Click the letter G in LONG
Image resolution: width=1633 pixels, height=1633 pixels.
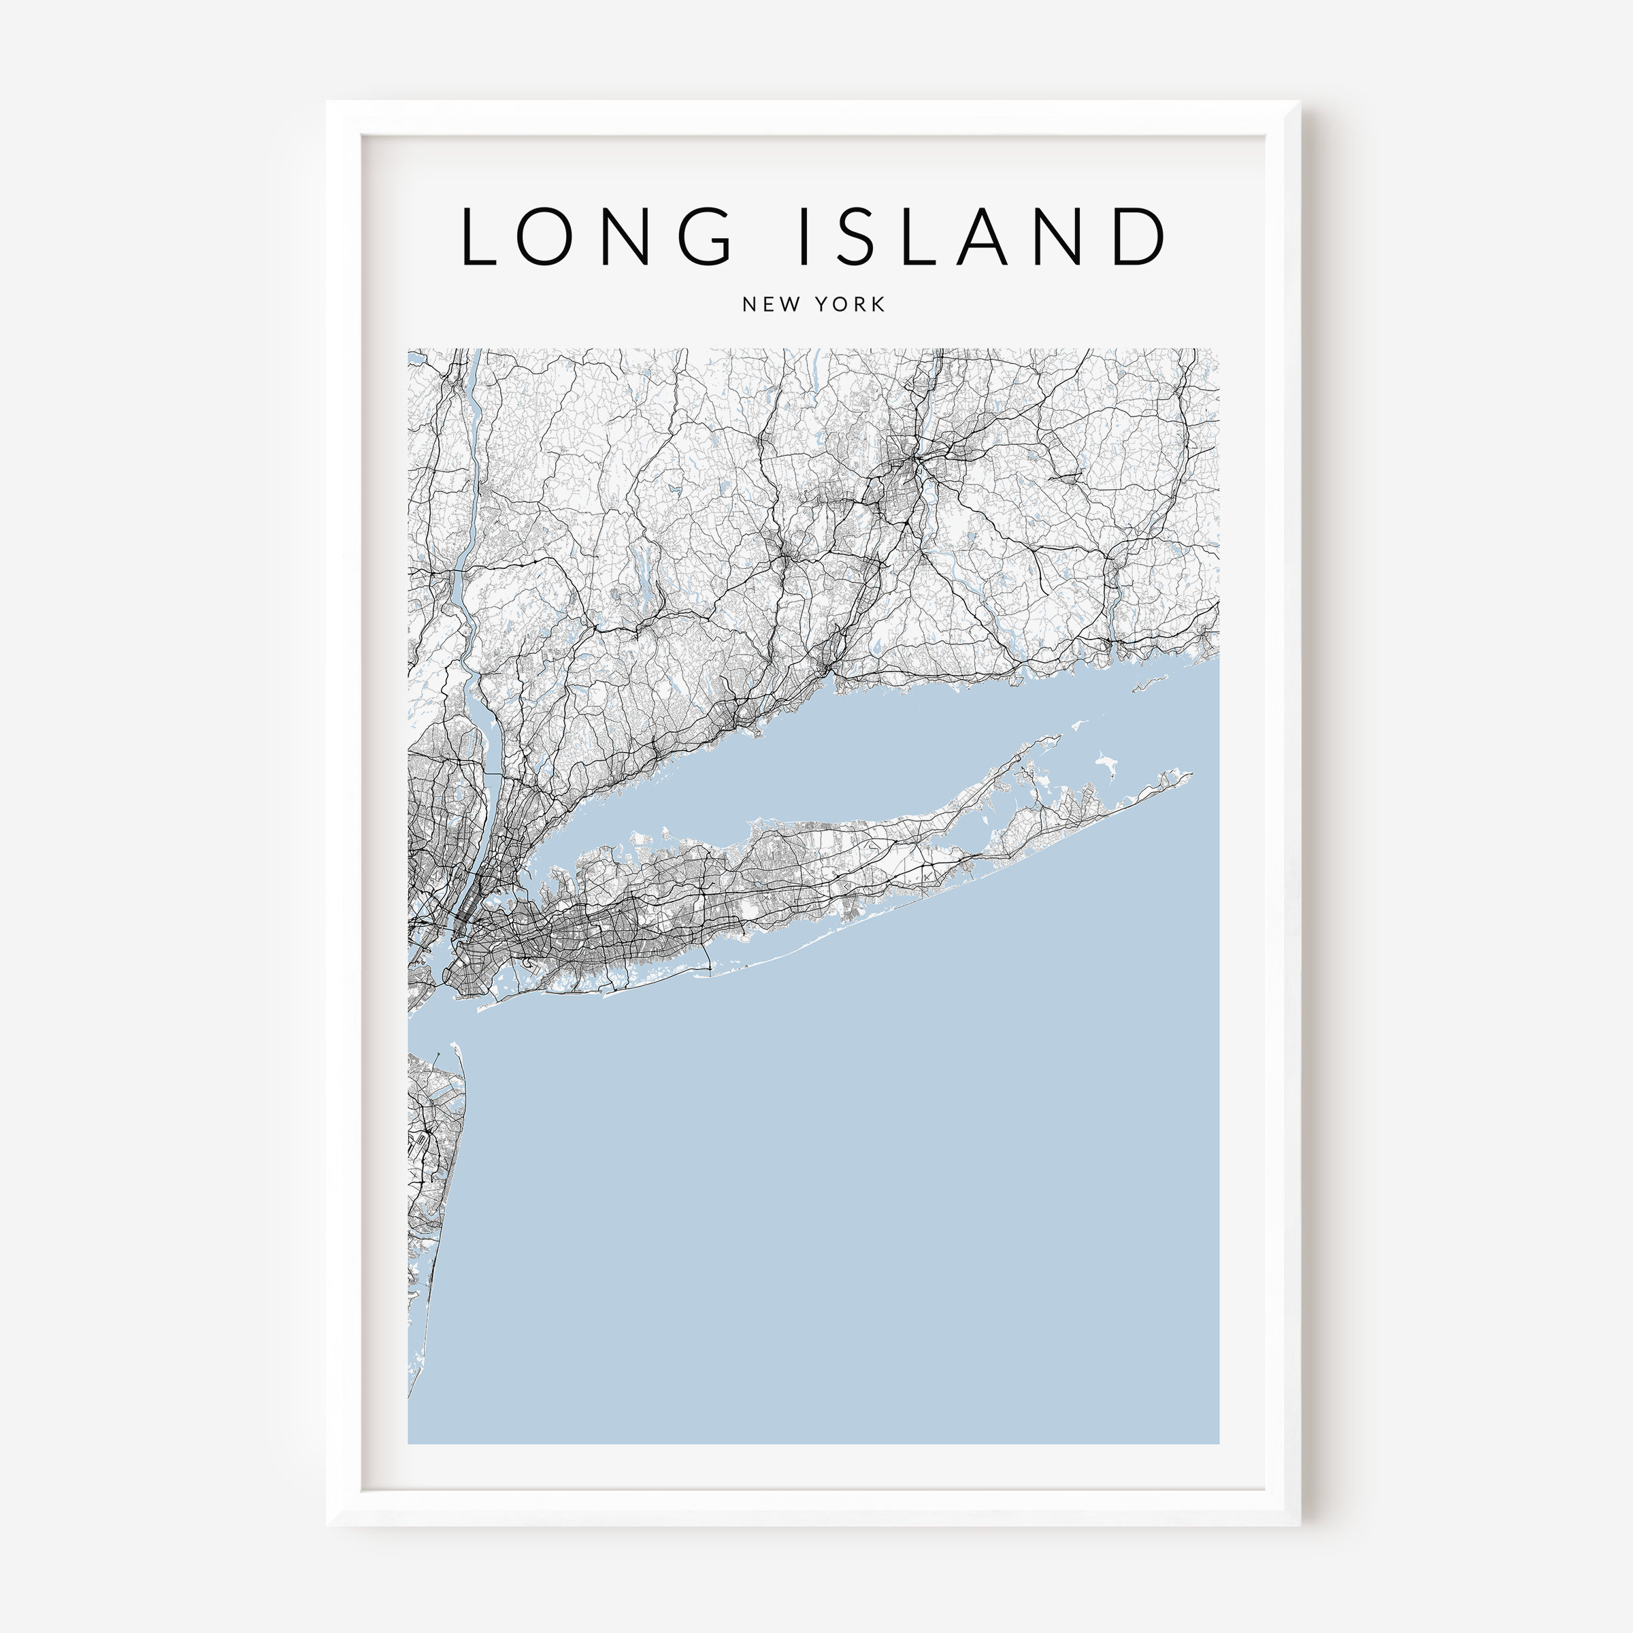click(x=701, y=236)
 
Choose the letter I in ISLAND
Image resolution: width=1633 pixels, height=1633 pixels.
click(x=803, y=236)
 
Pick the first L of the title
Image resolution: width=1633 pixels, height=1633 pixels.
click(x=477, y=236)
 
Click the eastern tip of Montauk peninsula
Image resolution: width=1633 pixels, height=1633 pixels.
click(x=1190, y=774)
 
